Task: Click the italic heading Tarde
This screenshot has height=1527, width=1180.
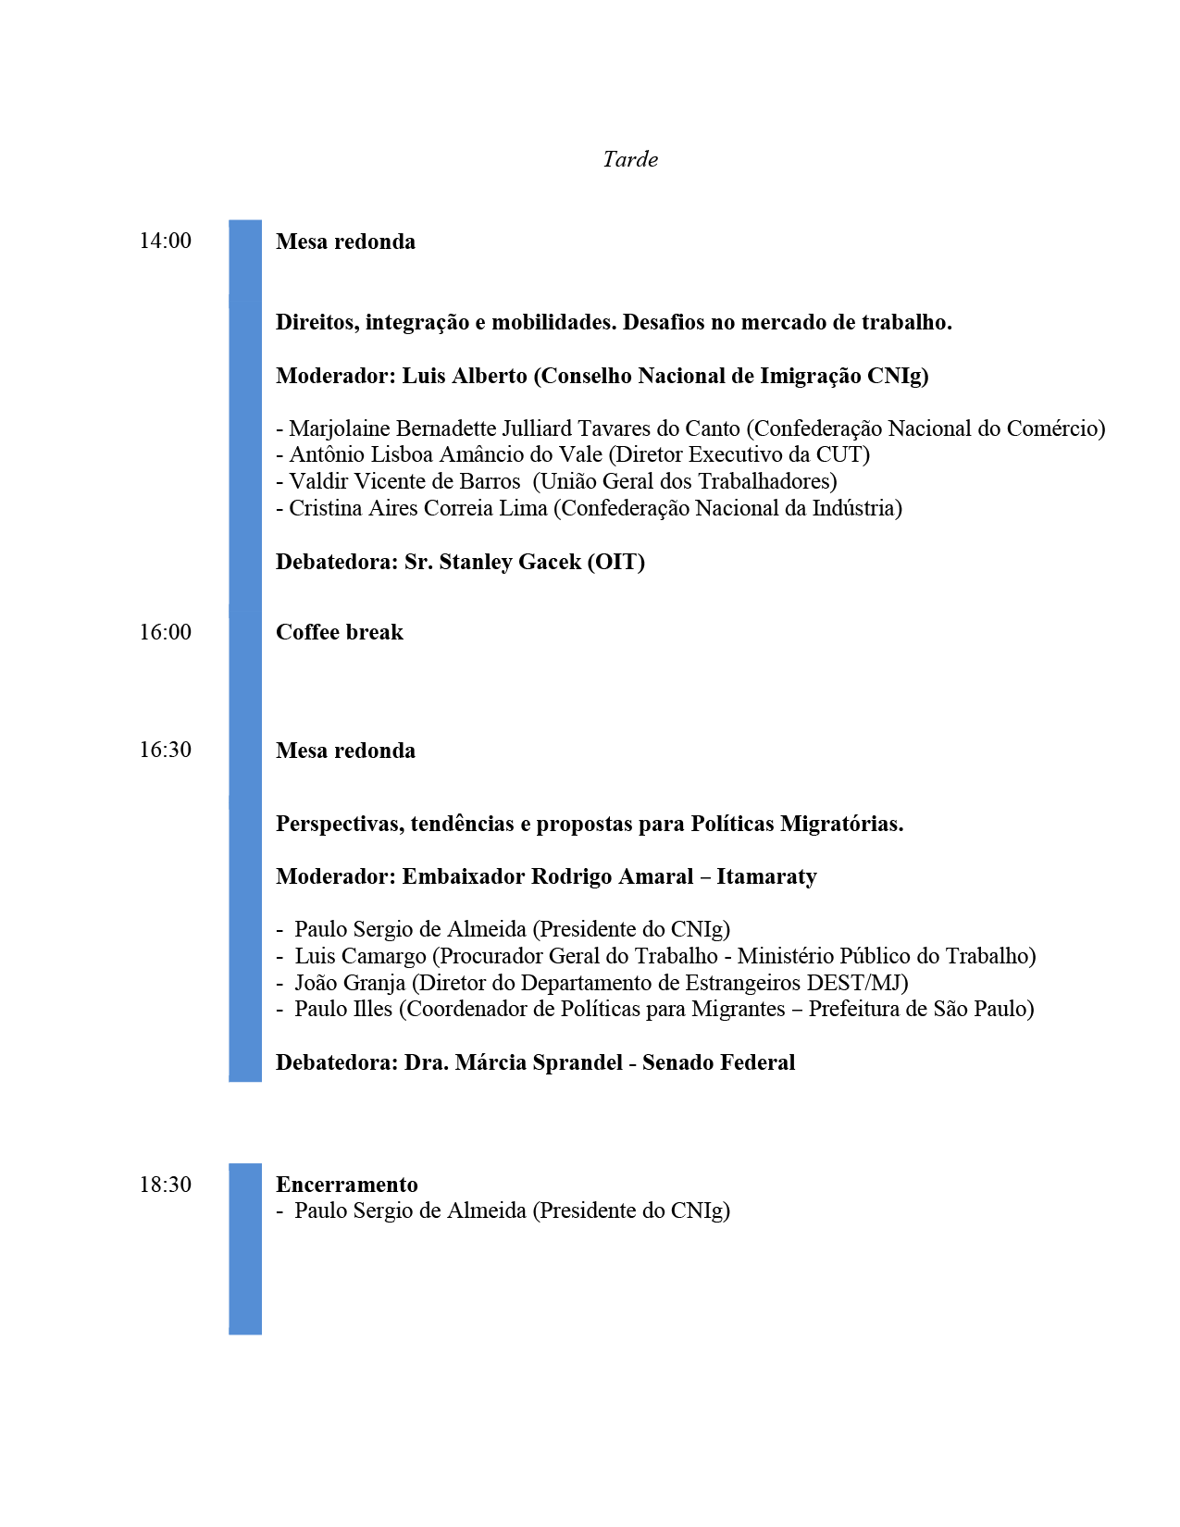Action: (630, 159)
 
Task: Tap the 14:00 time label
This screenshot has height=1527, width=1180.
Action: (166, 241)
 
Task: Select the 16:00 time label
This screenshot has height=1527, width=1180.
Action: (166, 632)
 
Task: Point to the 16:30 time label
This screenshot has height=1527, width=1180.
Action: (166, 750)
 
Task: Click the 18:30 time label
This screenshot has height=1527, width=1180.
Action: (166, 1185)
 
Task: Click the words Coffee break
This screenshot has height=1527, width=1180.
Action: (340, 632)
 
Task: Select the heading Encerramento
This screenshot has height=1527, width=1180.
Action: (347, 1185)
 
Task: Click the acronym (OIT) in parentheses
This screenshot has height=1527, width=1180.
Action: (616, 562)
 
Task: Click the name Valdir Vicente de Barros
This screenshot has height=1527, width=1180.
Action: (404, 481)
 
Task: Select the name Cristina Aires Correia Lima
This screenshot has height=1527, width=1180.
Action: (418, 508)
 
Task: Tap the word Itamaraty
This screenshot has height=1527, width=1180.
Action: (766, 876)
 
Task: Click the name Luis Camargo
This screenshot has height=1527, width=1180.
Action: (360, 956)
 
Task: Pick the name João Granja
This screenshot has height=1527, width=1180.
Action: (350, 983)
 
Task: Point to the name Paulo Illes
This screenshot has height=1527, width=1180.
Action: (343, 1009)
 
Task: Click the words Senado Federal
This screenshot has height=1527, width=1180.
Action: (719, 1062)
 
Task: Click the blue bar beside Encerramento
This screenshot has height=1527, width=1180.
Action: (245, 1248)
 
